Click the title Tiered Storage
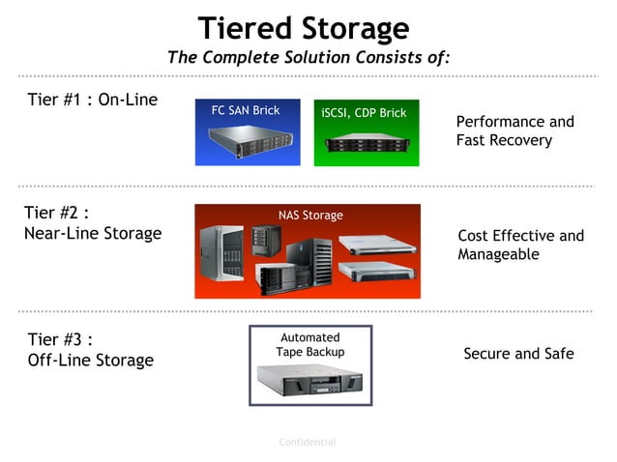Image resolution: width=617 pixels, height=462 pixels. tap(304, 27)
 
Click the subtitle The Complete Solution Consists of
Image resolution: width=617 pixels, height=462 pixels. tap(308, 57)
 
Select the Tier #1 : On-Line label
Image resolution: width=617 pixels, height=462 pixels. tap(92, 100)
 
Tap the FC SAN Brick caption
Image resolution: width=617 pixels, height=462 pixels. tap(246, 110)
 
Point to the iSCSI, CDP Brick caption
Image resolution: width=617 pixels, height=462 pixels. tap(364, 113)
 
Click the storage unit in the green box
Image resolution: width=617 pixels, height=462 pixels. tap(366, 144)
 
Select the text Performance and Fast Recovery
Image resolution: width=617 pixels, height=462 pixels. tap(514, 130)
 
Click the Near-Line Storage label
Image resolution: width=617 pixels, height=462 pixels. tap(92, 233)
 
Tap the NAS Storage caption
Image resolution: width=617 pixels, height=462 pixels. tap(310, 216)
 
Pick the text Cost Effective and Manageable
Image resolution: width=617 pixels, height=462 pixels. tap(520, 245)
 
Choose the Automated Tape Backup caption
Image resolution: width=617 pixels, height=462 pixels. tap(310, 344)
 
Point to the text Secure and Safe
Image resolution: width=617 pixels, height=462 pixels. tap(518, 354)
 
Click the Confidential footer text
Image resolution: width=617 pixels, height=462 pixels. tap(308, 442)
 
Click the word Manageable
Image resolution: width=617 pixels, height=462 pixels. tap(498, 254)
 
